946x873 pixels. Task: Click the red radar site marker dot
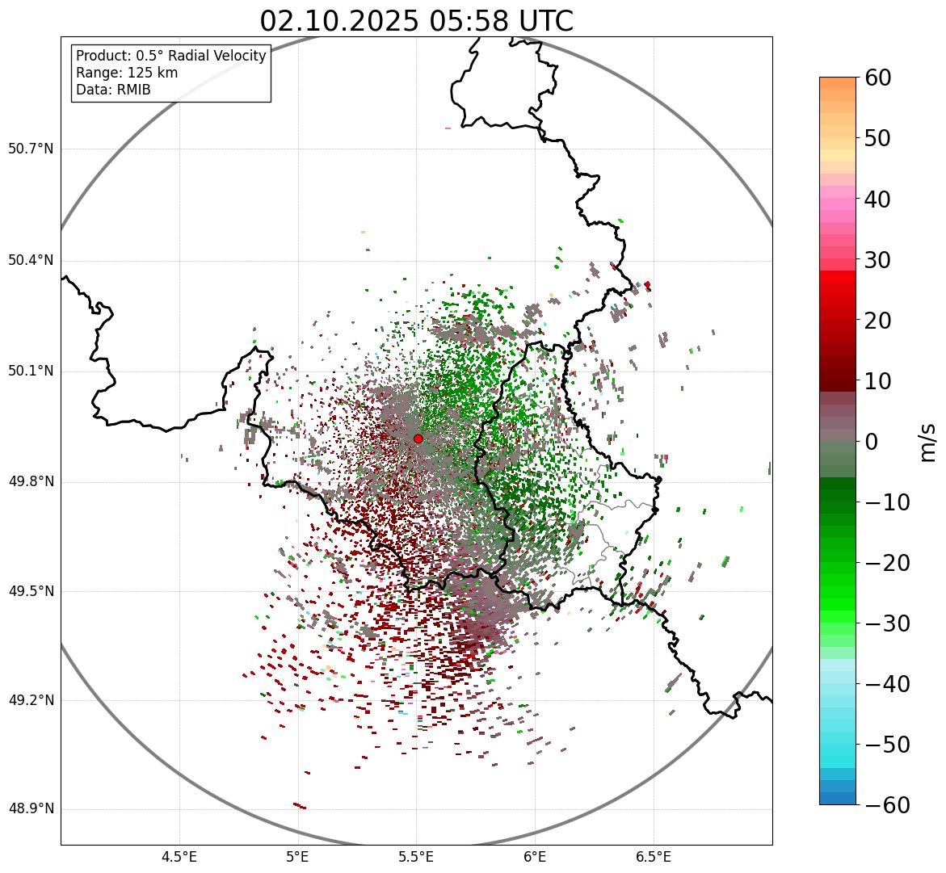[418, 439]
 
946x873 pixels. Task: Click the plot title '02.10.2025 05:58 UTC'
[416, 21]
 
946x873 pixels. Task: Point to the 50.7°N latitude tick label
[31, 149]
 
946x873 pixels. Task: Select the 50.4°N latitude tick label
[31, 261]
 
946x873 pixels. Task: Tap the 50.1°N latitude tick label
[31, 371]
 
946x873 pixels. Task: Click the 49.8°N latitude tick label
[31, 482]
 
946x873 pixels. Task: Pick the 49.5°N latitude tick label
[31, 592]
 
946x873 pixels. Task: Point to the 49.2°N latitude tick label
[31, 700]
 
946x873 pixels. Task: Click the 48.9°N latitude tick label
[31, 809]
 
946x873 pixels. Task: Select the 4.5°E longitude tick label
[179, 857]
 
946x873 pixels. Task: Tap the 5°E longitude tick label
[298, 857]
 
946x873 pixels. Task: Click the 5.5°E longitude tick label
[416, 857]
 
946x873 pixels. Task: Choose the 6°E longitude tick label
[535, 857]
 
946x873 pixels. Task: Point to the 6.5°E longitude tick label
[654, 857]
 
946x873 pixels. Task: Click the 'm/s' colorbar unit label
[927, 442]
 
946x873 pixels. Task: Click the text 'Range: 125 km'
[127, 73]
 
